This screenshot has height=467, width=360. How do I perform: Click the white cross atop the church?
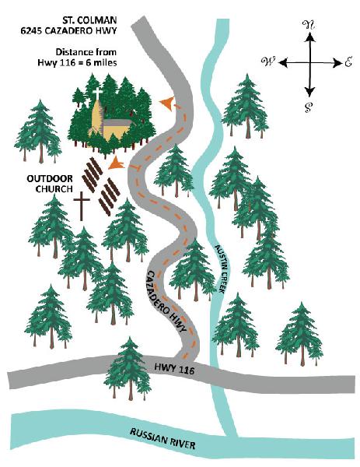(97, 93)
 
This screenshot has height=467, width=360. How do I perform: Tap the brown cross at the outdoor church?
(82, 205)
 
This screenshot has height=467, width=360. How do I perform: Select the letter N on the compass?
(309, 26)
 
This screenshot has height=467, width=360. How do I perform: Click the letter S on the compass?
(309, 107)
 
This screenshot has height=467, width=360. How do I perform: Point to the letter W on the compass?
(268, 61)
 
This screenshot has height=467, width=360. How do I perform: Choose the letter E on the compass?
(348, 61)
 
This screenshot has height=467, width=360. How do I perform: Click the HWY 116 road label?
(174, 368)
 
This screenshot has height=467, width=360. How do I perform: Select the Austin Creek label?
(221, 268)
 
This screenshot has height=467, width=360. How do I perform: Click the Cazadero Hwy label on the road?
(167, 301)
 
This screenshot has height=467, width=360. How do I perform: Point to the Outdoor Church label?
(50, 184)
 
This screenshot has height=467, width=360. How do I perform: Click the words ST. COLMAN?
(89, 20)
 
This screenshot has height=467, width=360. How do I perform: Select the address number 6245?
(31, 30)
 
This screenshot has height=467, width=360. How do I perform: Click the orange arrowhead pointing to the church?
(167, 104)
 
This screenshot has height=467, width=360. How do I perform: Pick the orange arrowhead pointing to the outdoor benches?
(117, 163)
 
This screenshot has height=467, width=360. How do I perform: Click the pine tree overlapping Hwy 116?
(128, 369)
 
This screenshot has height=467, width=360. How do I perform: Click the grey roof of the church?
(117, 123)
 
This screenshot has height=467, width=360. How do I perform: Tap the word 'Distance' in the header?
(71, 52)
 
